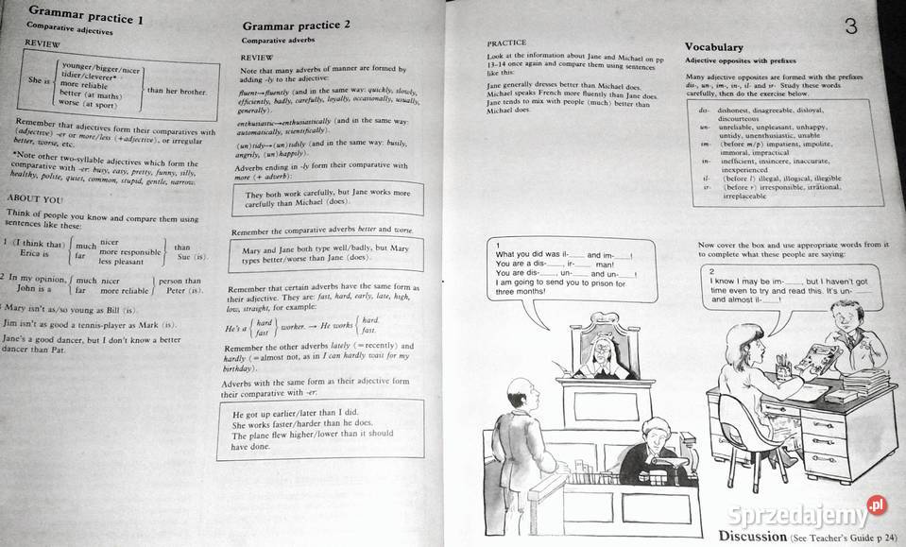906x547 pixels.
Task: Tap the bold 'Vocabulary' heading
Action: (x=714, y=46)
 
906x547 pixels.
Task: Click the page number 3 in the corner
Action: (x=850, y=26)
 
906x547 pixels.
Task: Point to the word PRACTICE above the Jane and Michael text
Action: (x=506, y=43)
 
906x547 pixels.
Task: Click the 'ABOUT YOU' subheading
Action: (x=35, y=198)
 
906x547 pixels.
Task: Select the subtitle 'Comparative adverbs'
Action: (x=282, y=42)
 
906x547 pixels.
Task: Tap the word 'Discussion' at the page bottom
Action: (x=753, y=536)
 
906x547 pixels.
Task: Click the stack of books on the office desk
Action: (x=866, y=384)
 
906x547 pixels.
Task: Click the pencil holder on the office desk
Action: (x=783, y=364)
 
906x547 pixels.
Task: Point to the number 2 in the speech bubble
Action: (x=710, y=271)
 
